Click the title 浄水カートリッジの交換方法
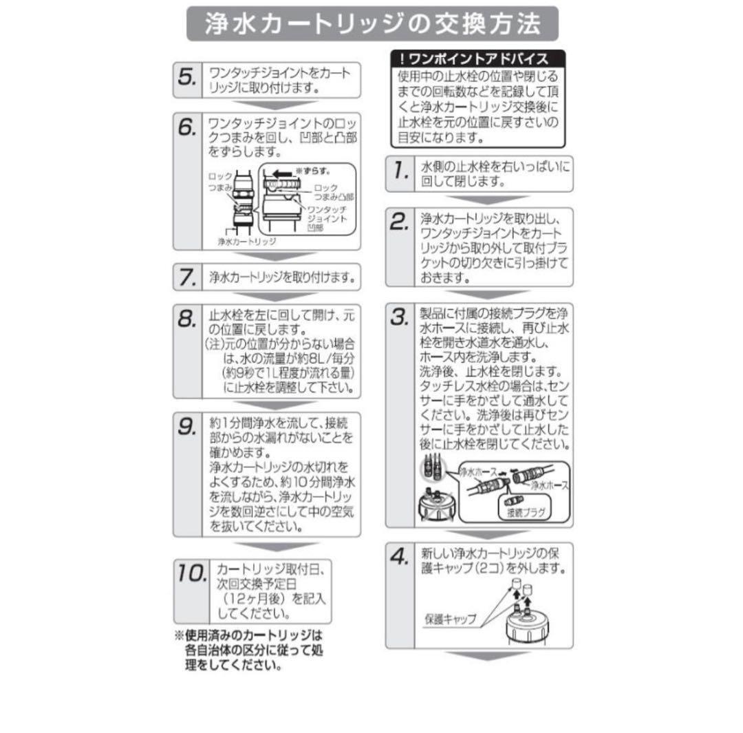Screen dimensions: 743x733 click(372, 23)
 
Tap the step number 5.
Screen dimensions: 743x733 click(186, 77)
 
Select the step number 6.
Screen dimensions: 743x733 click(186, 127)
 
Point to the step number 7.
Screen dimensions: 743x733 click(186, 277)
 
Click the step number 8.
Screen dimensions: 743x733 click(186, 319)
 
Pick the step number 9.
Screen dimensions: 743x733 click(186, 427)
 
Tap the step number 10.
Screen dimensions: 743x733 click(191, 573)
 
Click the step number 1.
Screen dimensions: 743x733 click(401, 170)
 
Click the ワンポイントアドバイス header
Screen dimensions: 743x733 click(478, 59)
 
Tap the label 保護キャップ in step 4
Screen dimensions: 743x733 click(450, 619)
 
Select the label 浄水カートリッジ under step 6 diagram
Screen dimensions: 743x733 click(247, 242)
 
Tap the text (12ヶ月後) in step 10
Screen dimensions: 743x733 click(254, 599)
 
